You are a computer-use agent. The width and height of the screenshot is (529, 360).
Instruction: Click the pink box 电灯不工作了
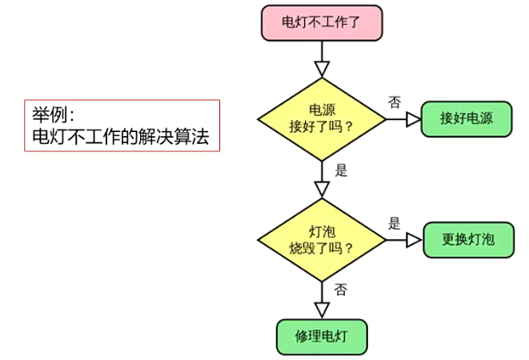322,22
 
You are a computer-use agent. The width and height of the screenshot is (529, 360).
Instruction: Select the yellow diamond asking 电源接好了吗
322,119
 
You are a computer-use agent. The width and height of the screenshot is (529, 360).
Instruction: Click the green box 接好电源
466,119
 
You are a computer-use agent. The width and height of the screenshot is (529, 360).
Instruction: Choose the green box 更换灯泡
468,239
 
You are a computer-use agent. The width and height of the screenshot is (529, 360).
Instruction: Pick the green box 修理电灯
322,337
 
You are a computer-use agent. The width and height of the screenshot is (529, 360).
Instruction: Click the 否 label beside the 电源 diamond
394,102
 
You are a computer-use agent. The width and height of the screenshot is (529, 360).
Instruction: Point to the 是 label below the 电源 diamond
341,170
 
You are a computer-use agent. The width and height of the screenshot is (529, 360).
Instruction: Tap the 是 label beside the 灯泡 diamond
394,223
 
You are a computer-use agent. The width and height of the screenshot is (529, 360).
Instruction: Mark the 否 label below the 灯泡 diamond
340,289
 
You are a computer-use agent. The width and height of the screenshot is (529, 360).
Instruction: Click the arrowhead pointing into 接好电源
413,119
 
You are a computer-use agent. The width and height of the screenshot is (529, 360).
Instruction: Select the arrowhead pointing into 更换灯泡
414,240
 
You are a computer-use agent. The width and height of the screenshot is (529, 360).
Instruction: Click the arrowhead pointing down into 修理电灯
322,310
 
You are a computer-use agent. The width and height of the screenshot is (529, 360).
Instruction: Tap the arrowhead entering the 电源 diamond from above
322,67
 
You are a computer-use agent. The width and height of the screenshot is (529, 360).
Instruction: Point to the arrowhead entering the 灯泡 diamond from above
322,189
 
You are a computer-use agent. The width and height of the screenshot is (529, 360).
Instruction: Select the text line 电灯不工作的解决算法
120,136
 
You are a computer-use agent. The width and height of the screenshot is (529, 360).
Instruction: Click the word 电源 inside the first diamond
322,110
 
